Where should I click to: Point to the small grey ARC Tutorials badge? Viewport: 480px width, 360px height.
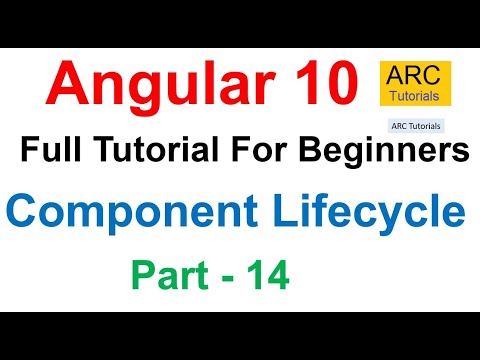[x=415, y=127]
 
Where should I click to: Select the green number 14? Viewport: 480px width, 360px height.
[x=267, y=273]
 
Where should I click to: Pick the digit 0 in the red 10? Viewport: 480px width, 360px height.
[x=343, y=83]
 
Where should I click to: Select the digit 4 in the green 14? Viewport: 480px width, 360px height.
[x=279, y=273]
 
